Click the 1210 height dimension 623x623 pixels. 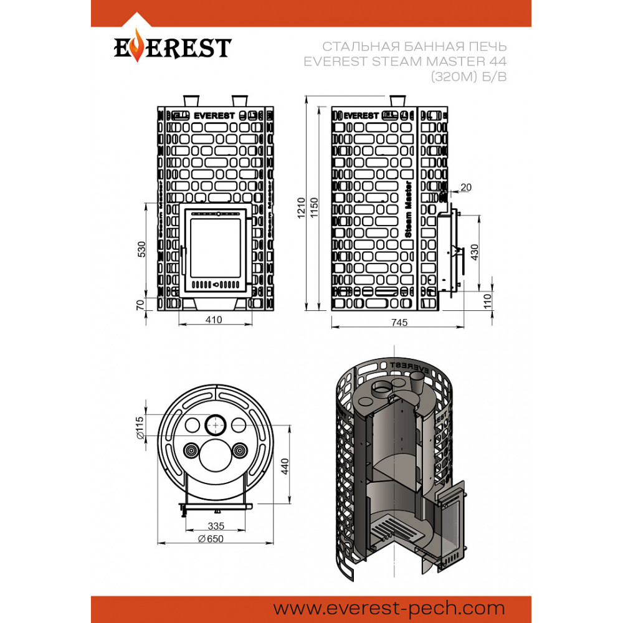pos(301,207)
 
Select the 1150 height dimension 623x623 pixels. pos(314,207)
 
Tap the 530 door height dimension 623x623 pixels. pos(141,249)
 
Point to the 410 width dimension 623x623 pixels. pos(213,320)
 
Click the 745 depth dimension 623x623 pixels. pos(399,322)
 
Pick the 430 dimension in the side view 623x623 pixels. pos(474,252)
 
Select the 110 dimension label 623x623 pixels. pos(488,302)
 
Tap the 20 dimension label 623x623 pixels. pos(465,187)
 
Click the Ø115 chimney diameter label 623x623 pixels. pos(140,427)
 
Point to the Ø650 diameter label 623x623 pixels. pos(211,538)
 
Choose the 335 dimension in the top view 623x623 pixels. pos(216,526)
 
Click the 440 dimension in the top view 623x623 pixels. pos(285,467)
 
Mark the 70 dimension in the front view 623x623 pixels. pos(140,305)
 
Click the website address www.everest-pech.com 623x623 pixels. pos(389,608)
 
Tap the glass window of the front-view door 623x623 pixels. pos(216,247)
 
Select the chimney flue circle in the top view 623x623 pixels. pos(216,425)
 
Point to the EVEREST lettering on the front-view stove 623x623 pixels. pos(214,116)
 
